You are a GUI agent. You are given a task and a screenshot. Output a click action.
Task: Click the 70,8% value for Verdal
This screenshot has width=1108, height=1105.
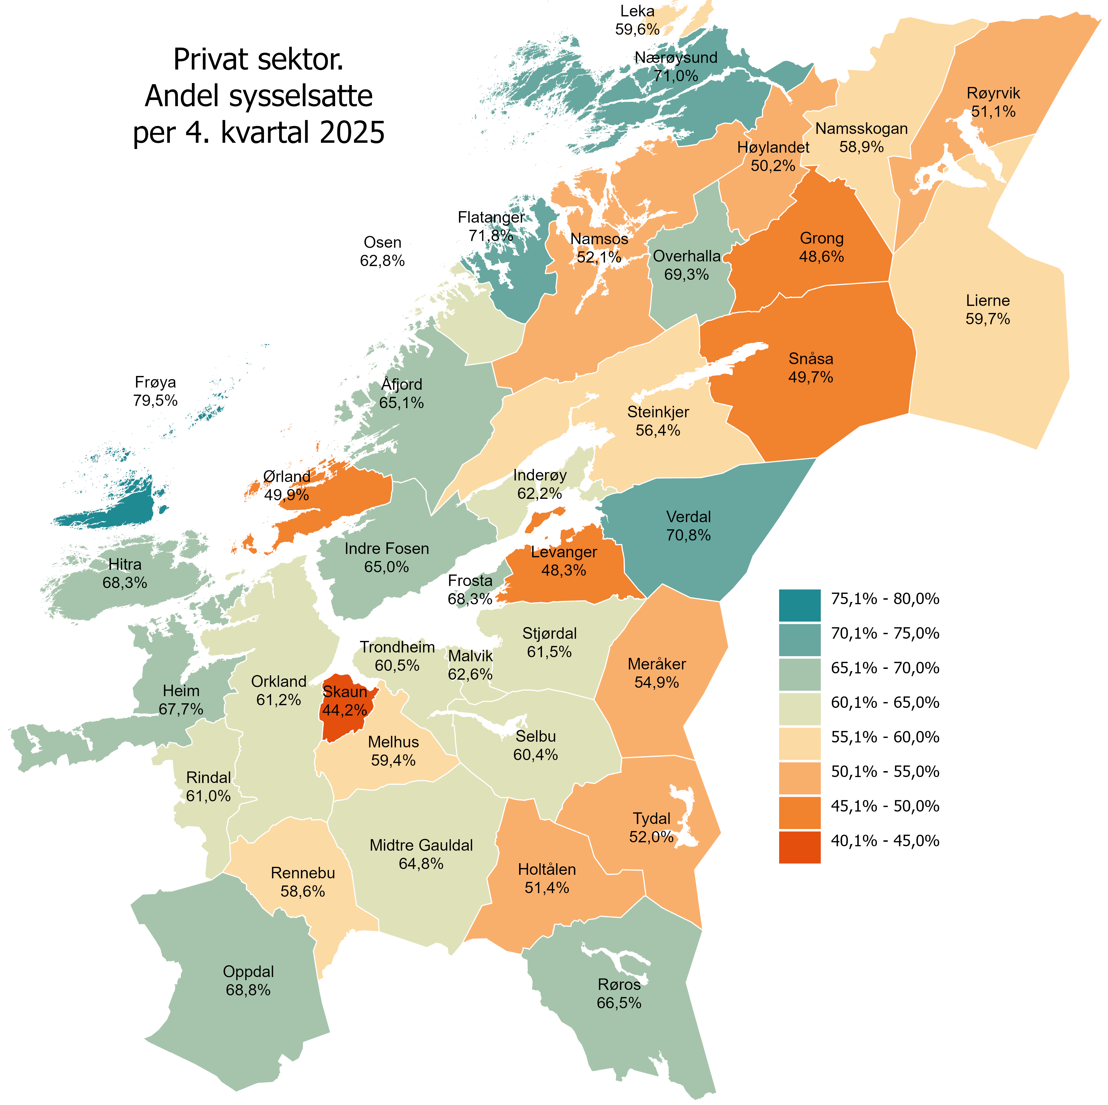point(688,535)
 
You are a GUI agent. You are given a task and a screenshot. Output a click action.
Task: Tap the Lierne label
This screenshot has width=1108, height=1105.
point(987,301)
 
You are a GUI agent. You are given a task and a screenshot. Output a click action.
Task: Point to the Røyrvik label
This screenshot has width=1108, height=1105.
point(993,93)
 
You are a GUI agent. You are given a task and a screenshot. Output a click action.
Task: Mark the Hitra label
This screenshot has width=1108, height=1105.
point(124,565)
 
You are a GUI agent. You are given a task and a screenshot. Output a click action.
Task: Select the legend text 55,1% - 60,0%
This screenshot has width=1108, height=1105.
point(885,737)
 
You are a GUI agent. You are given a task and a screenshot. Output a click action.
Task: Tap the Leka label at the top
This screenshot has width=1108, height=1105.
point(637,11)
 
